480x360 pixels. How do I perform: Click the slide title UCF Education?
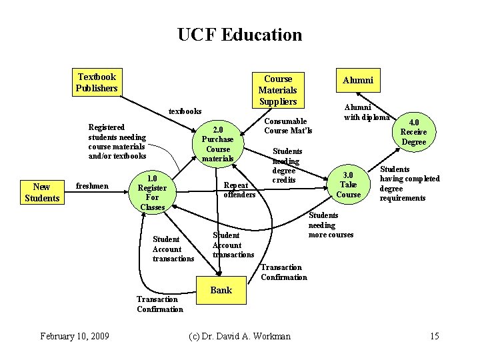239,35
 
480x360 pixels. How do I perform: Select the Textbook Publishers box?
97,83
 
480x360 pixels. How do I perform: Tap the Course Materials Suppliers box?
277,90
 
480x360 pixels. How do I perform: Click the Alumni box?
358,80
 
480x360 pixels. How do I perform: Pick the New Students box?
41,193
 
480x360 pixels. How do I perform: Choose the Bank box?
221,290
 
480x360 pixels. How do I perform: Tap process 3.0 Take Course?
349,185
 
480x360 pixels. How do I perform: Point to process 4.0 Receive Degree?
413,132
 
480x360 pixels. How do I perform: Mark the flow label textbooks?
185,111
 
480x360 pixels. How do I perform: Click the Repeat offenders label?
239,189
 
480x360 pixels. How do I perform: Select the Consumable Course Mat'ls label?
288,125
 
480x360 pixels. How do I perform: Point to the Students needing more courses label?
331,225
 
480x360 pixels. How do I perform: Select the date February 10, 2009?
75,335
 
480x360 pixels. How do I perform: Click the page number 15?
435,335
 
